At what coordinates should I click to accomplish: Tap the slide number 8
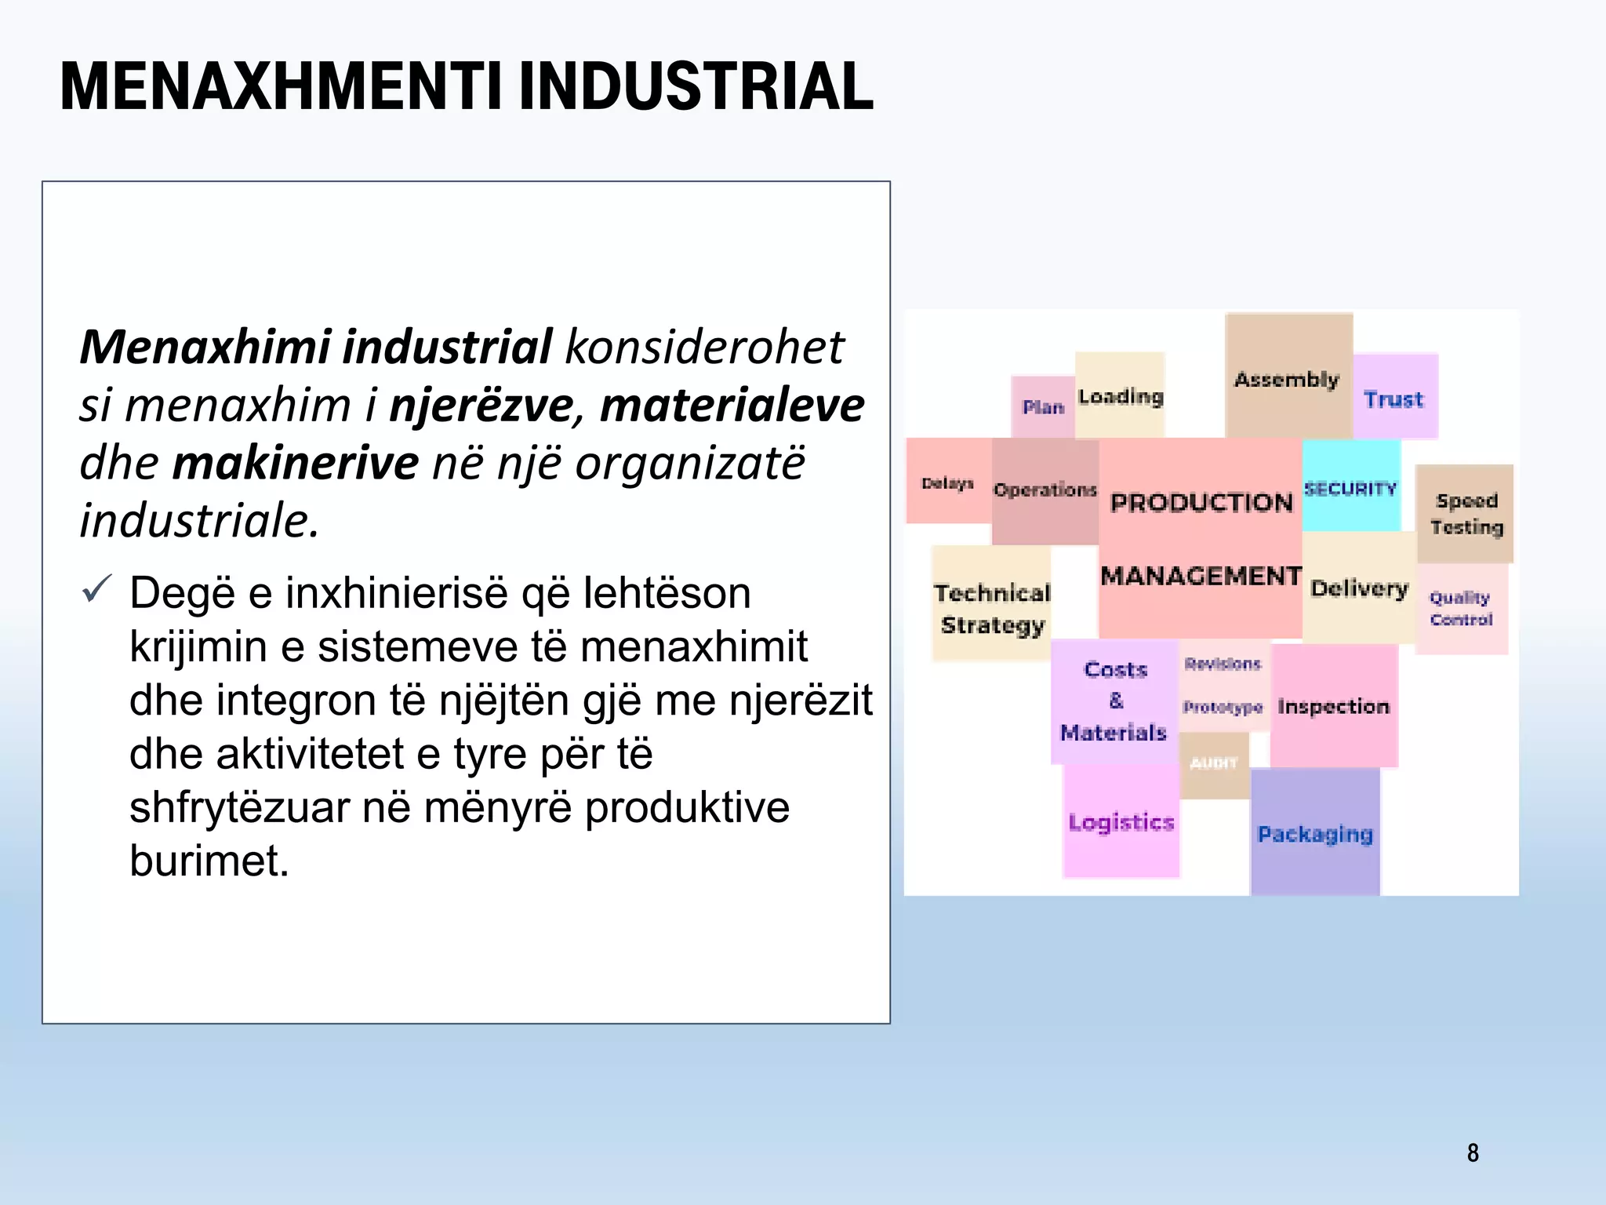coord(1472,1152)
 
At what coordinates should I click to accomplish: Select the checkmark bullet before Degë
coord(96,590)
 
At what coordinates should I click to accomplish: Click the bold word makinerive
coord(295,463)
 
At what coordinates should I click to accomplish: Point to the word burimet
coord(209,861)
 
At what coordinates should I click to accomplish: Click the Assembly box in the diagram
coord(1287,379)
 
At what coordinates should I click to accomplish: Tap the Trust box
coord(1393,399)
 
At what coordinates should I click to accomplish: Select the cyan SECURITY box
coord(1350,488)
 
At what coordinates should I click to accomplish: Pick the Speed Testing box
coord(1465,514)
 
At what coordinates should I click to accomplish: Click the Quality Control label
coord(1460,609)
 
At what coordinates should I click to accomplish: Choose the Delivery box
coord(1359,588)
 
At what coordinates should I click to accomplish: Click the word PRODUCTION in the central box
coord(1201,502)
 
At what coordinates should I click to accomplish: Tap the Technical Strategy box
coord(992,608)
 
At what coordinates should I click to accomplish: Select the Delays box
coord(947,482)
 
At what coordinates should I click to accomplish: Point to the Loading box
coord(1120,396)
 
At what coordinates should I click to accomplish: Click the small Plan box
coord(1042,406)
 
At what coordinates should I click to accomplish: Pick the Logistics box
coord(1121,822)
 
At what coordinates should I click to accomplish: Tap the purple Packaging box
coord(1315,833)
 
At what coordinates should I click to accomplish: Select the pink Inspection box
coord(1333,706)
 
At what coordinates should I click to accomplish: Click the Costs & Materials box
coord(1114,701)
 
